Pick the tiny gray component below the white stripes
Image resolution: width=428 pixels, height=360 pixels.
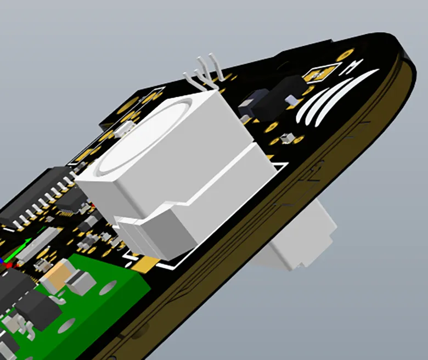point(286,138)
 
